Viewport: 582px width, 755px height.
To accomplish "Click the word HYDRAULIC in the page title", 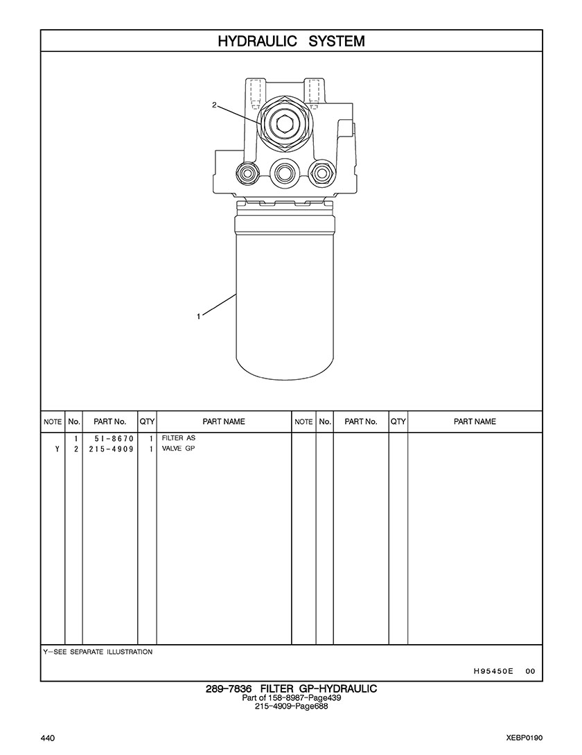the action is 257,42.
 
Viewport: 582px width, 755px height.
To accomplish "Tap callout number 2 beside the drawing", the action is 213,105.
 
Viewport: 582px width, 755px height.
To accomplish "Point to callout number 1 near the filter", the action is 198,316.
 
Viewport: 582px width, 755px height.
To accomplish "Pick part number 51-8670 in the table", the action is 114,439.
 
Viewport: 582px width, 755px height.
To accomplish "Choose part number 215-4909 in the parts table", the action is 111,449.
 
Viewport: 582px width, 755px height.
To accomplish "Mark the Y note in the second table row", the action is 58,449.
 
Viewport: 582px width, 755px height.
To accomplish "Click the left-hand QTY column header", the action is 147,422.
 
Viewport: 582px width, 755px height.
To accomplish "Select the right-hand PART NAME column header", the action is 475,422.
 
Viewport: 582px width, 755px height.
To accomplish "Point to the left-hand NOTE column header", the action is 53,422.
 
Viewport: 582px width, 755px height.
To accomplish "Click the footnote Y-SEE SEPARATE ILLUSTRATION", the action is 98,652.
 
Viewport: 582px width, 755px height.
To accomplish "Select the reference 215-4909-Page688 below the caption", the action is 291,706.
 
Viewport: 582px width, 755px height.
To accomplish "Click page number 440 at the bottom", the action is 47,738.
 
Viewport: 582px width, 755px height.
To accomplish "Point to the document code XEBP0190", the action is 524,738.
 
